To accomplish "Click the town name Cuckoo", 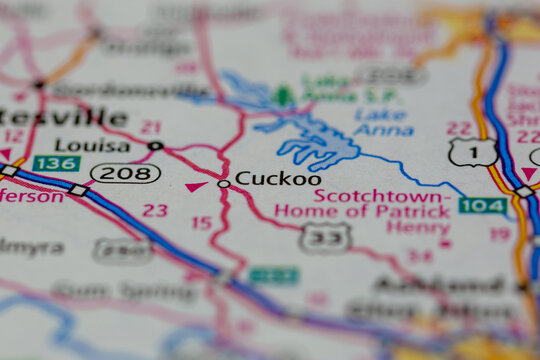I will point(278,178).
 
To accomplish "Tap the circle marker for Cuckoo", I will point(223,184).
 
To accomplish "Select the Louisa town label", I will point(92,145).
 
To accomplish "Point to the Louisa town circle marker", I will point(154,146).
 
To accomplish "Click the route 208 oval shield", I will point(125,173).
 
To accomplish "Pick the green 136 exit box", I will point(56,163).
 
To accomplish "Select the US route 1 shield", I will point(472,152).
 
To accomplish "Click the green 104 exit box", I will point(482,205).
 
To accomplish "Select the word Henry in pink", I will point(419,227).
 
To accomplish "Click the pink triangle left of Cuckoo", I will point(196,186).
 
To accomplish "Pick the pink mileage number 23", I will point(155,210).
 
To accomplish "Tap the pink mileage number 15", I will point(202,223).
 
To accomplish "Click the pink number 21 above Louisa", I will point(151,127).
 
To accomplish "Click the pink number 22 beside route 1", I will point(459,128).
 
